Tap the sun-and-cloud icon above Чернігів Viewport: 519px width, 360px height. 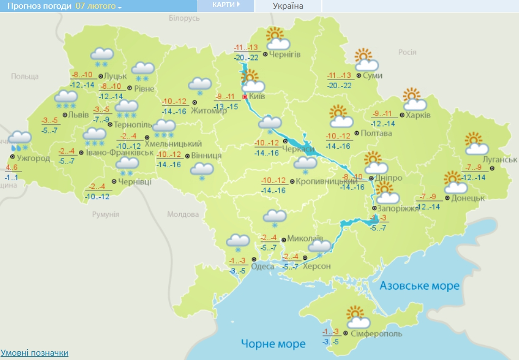point(277,39)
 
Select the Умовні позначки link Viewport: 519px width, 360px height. point(34,353)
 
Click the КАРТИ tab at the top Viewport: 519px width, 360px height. point(225,5)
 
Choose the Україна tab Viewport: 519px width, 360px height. point(288,6)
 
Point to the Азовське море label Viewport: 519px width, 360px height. point(419,285)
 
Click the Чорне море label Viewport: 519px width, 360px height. point(273,344)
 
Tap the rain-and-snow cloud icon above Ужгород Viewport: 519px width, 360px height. point(20,141)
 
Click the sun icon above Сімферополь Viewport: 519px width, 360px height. point(356,313)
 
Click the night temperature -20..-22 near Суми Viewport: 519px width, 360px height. point(339,86)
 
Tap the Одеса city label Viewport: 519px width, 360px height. point(262,267)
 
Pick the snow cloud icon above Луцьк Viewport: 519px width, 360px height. point(102,56)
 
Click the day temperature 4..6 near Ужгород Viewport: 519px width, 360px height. point(13,168)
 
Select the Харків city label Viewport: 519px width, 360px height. point(418,115)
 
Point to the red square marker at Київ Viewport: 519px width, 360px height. point(245,97)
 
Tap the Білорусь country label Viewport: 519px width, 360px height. point(185,19)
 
